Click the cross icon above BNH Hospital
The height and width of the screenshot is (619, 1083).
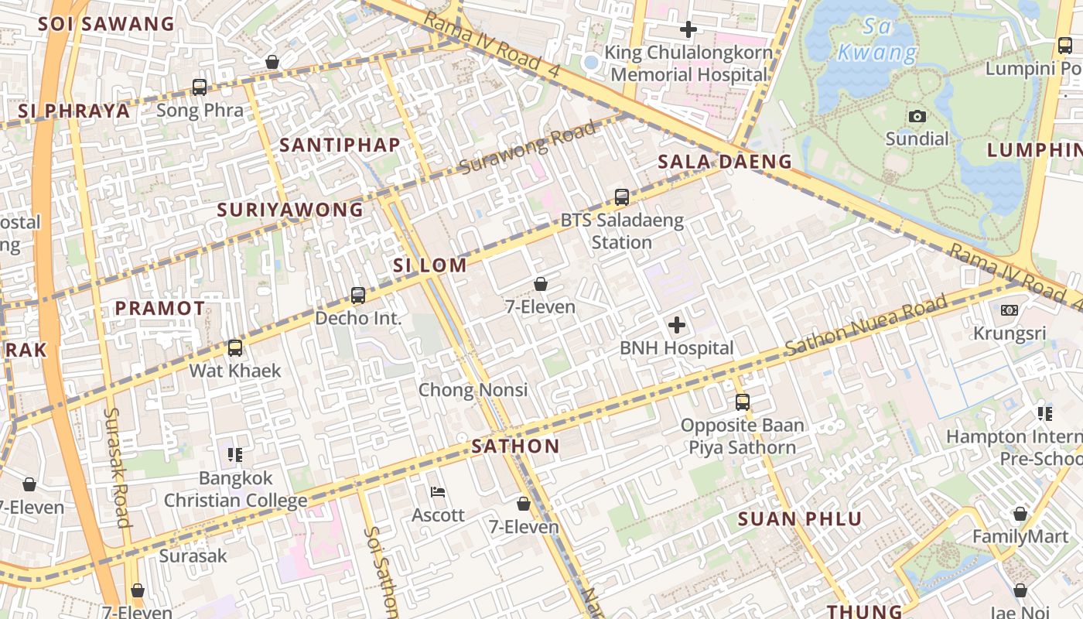point(677,325)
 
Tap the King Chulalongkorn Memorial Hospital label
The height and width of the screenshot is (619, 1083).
point(688,63)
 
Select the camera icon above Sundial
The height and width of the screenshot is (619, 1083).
point(917,116)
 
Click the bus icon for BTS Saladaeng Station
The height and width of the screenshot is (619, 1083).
point(622,197)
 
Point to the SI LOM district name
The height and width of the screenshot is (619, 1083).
point(430,265)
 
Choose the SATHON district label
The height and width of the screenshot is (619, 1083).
point(515,446)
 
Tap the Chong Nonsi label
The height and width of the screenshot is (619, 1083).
point(473,390)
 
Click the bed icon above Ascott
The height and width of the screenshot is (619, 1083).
point(438,492)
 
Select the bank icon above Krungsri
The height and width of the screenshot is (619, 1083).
point(1009,310)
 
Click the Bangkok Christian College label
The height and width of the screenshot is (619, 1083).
point(235,489)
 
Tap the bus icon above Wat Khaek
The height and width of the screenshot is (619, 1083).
point(235,348)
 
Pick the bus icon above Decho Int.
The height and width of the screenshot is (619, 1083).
point(357,295)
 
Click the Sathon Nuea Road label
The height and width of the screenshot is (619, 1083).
point(866,326)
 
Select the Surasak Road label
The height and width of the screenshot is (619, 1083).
point(117,467)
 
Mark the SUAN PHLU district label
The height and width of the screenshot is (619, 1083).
point(800,518)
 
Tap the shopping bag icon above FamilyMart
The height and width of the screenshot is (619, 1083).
point(1020,515)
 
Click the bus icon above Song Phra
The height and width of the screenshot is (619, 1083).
point(200,87)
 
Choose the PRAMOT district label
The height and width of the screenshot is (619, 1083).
point(160,308)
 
